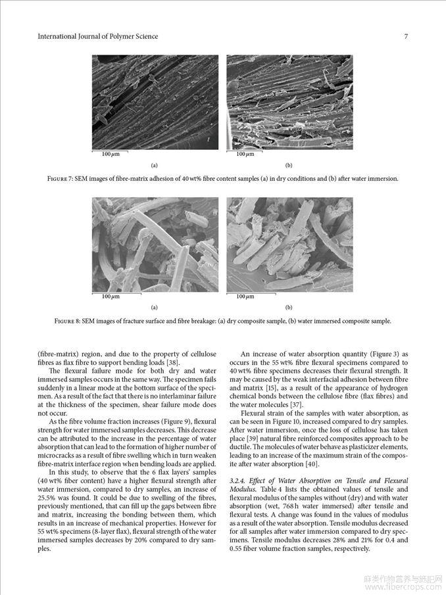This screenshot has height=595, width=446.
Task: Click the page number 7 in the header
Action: click(x=406, y=36)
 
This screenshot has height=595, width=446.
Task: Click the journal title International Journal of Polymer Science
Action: click(x=98, y=36)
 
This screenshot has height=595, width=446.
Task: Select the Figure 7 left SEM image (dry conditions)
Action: click(x=155, y=102)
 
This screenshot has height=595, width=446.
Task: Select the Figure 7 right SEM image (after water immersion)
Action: click(x=289, y=102)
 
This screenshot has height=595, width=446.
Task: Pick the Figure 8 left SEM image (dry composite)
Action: click(x=155, y=245)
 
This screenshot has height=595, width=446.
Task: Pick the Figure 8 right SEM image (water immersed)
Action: click(x=289, y=245)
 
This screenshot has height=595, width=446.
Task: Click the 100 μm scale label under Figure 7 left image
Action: click(x=111, y=154)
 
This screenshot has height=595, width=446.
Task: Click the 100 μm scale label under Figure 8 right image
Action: click(x=245, y=297)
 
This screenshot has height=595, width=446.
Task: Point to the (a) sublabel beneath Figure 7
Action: click(x=155, y=165)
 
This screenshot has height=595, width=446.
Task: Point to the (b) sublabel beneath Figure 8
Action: click(x=289, y=307)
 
